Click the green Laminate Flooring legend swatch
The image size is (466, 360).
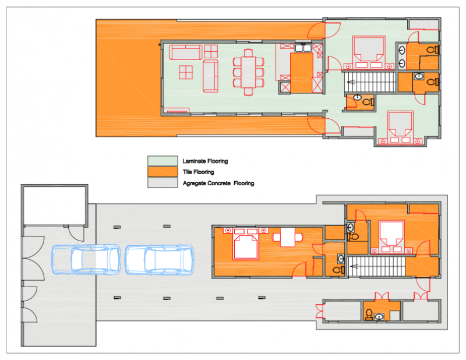click(163, 161)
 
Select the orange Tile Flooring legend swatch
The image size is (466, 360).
click(163, 172)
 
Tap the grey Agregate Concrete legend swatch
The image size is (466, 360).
click(163, 182)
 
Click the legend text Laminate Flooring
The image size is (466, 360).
click(205, 161)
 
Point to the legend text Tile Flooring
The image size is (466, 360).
click(198, 172)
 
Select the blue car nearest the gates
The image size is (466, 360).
click(86, 259)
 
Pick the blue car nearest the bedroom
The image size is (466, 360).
click(159, 260)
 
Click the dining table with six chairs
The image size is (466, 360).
click(248, 72)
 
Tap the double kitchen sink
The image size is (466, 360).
click(303, 48)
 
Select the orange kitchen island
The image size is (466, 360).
click(301, 73)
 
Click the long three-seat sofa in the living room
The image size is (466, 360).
click(186, 52)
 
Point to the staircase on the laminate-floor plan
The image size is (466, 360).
click(370, 82)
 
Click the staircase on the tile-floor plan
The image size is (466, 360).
click(376, 266)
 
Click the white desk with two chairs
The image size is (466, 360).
click(288, 237)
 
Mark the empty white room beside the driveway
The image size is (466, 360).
click(55, 205)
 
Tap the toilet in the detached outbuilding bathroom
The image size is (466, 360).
click(369, 314)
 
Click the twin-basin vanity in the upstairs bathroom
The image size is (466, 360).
click(401, 57)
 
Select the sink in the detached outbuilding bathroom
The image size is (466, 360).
click(379, 317)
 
